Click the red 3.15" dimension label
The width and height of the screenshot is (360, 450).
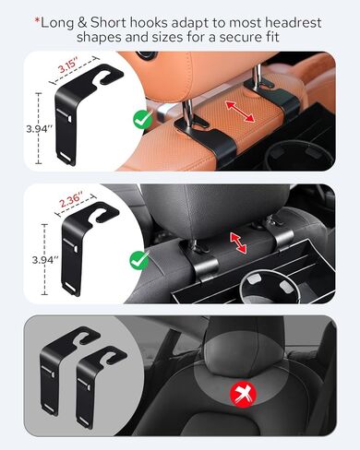[x=68, y=67]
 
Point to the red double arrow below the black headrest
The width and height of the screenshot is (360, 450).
[x=238, y=244]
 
